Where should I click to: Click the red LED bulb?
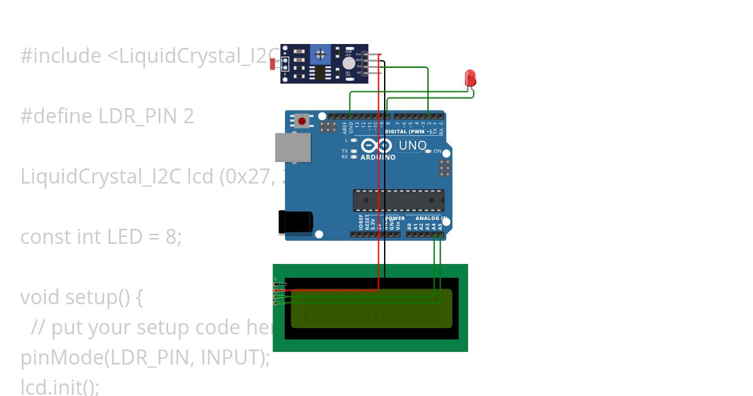[x=470, y=78]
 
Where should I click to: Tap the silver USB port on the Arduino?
[x=293, y=148]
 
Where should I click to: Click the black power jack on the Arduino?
[x=295, y=223]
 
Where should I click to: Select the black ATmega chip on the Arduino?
[x=398, y=200]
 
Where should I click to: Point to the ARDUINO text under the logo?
[x=378, y=157]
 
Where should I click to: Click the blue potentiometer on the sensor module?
[x=321, y=55]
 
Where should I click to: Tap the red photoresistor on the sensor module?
[x=273, y=63]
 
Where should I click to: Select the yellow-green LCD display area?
[x=371, y=309]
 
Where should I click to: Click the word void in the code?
[x=40, y=297]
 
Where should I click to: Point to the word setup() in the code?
[x=98, y=297]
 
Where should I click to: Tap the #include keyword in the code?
[x=60, y=56]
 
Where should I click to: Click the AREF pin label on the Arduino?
[x=344, y=128]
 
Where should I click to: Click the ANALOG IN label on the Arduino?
[x=432, y=218]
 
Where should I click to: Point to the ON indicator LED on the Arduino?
[x=429, y=151]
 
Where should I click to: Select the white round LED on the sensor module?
[x=348, y=63]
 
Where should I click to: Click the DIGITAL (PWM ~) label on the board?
[x=408, y=132]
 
